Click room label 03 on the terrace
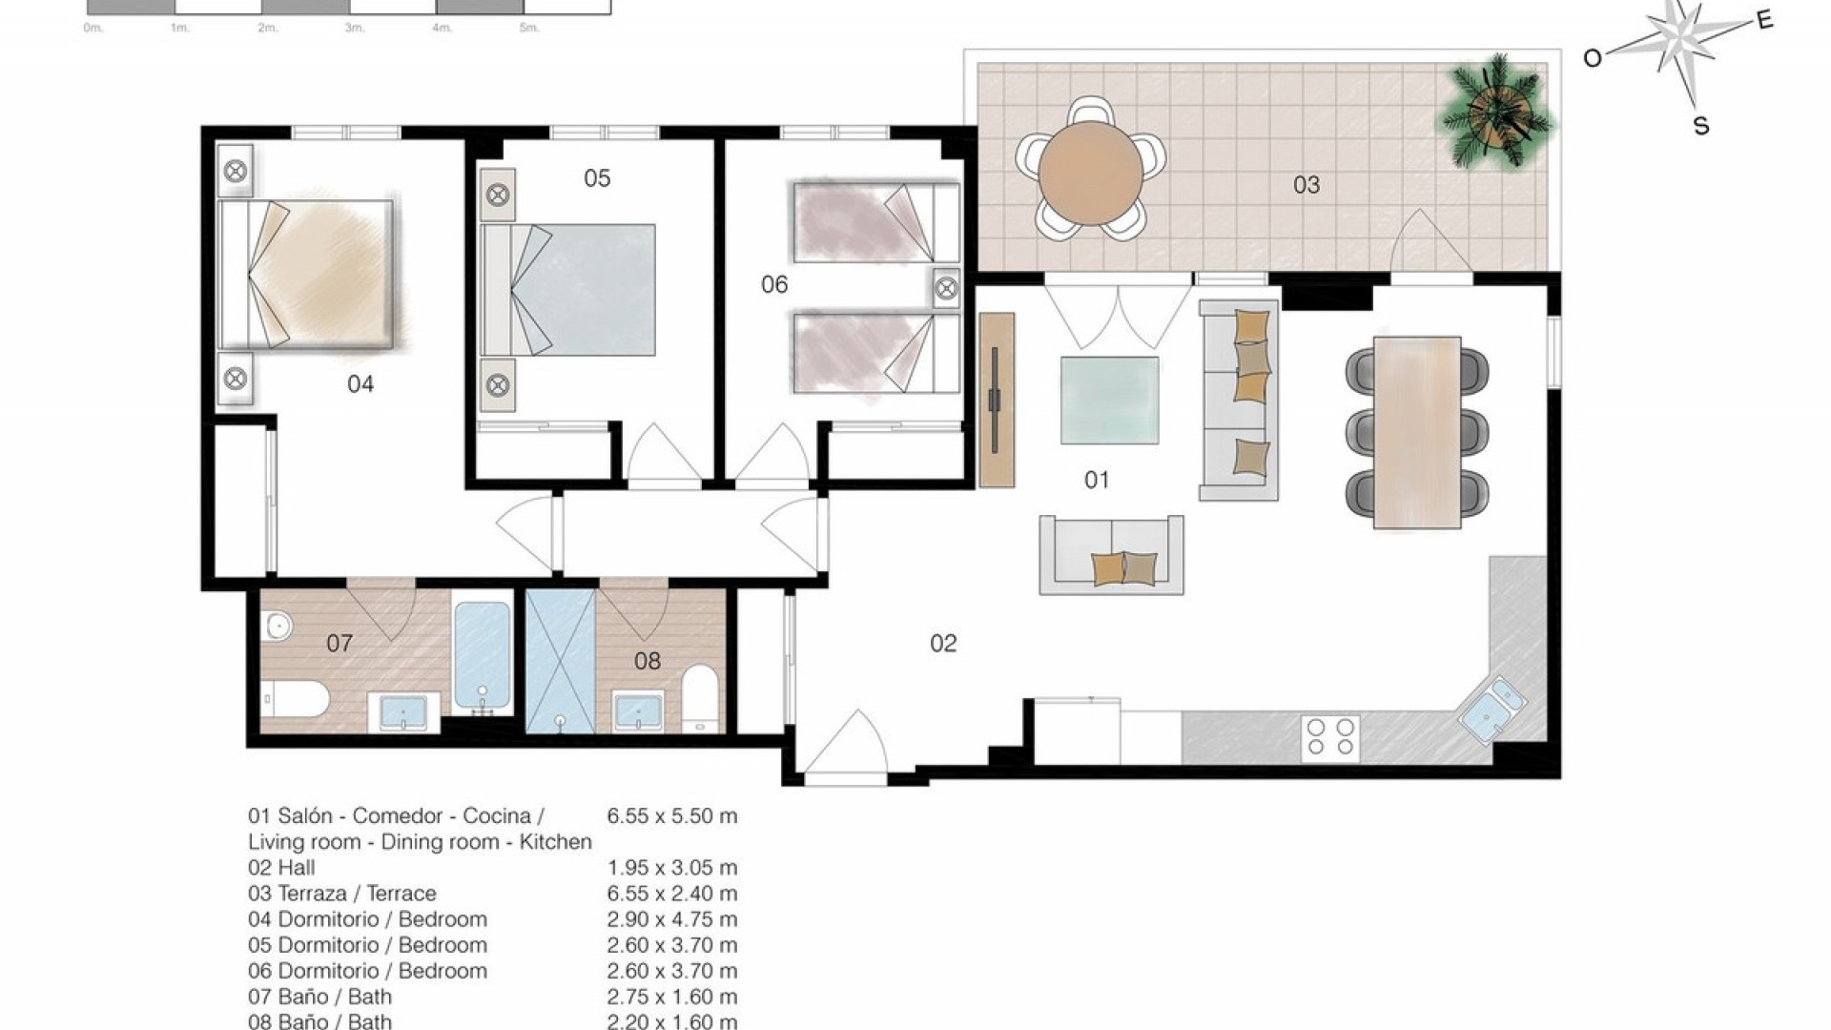(x=1306, y=185)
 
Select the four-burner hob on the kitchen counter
(x=1331, y=737)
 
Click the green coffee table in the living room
(x=1110, y=401)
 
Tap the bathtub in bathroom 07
(x=482, y=654)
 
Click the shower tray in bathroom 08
(x=561, y=661)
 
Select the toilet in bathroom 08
(x=701, y=697)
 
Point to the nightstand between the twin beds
(x=946, y=288)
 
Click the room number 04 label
(x=360, y=384)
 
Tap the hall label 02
(x=943, y=644)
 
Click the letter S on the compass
(x=1700, y=126)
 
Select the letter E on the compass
(x=1764, y=20)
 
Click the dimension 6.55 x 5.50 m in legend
(x=671, y=816)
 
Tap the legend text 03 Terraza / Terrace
(x=342, y=894)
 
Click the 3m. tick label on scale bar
(x=354, y=29)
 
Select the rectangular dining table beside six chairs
(x=1417, y=432)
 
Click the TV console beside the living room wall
(x=998, y=400)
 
